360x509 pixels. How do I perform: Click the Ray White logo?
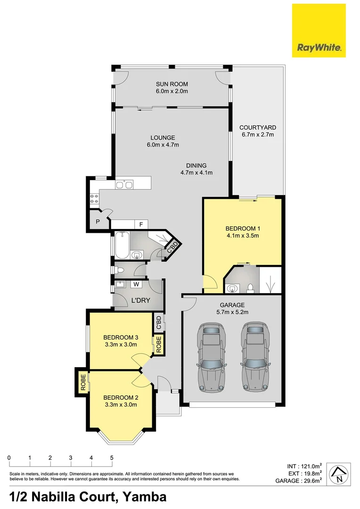tap(319, 31)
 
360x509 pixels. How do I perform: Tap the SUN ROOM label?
tap(172, 84)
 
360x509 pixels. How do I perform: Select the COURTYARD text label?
tap(257, 128)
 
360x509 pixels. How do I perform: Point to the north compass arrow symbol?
tap(338, 473)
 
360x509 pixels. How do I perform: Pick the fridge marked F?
tap(140, 224)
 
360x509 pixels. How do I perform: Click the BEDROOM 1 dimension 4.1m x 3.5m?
tap(243, 236)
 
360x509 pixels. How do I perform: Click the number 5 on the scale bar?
tap(111, 458)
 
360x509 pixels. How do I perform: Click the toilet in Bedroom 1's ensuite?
tap(251, 287)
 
